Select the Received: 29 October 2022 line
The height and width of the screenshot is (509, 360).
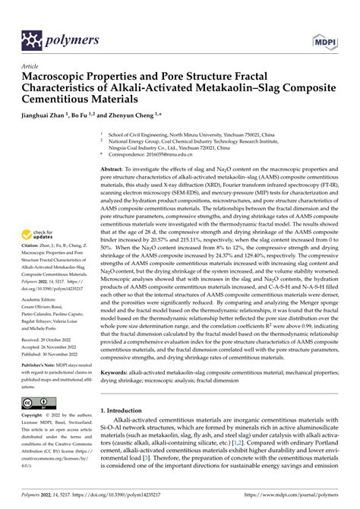click(49, 329)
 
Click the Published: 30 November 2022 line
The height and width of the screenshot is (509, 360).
click(52, 343)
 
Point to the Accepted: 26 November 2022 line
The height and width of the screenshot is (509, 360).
click(52, 337)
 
